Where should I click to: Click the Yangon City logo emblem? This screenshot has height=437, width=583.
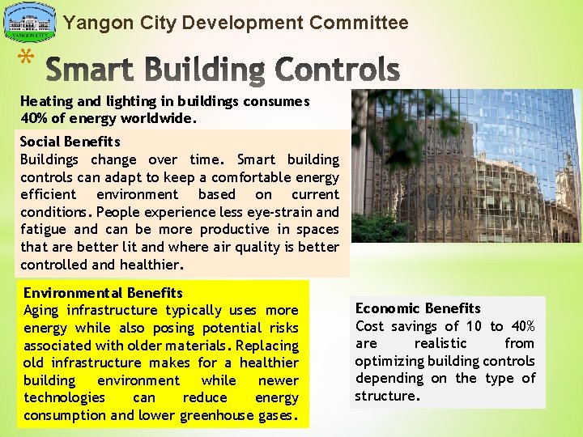(x=30, y=22)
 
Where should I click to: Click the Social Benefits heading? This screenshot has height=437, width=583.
(x=70, y=142)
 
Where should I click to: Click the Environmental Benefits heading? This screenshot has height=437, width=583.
(x=103, y=293)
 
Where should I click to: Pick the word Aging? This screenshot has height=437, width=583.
(x=41, y=311)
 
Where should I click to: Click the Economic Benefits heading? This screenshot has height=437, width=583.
(x=418, y=308)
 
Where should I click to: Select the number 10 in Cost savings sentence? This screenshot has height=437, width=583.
(x=474, y=326)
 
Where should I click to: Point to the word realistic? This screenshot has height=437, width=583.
(x=440, y=344)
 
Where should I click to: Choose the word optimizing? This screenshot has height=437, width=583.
(x=389, y=361)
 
